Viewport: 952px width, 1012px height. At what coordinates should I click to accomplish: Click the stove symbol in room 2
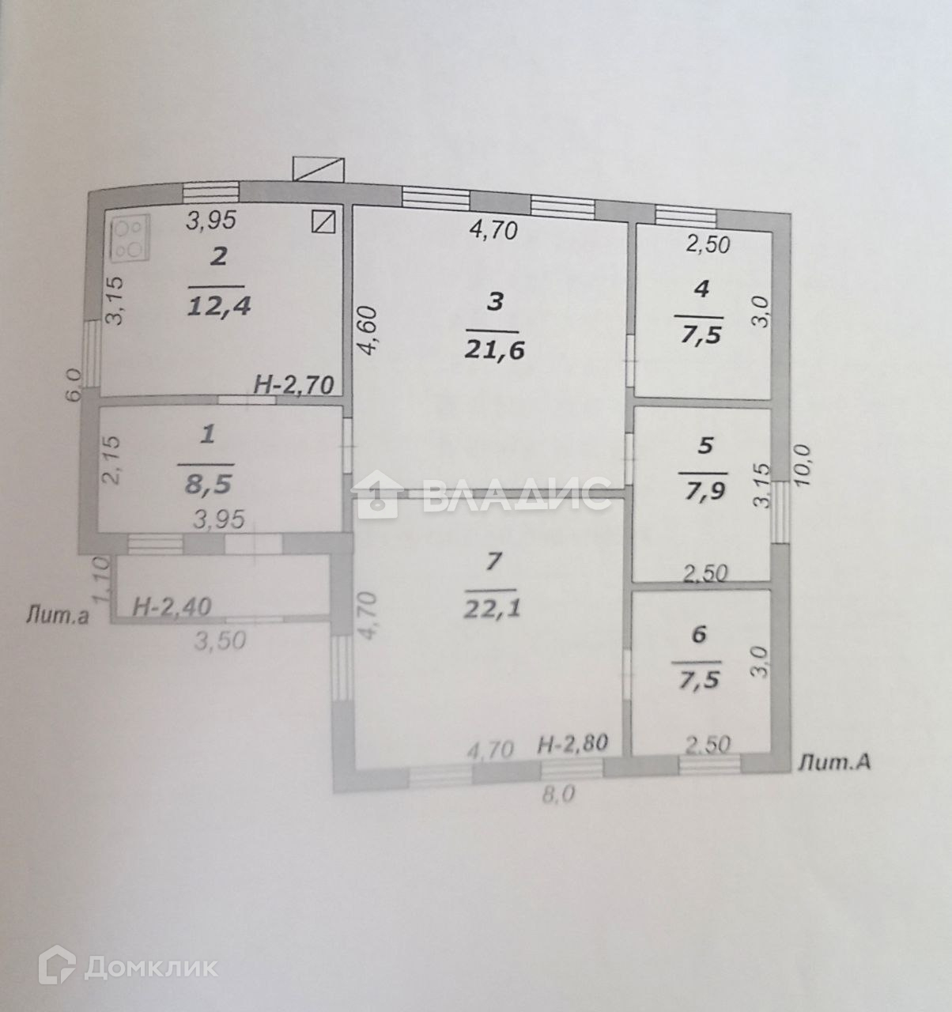click(129, 237)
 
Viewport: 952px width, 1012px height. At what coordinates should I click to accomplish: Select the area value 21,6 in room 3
click(495, 349)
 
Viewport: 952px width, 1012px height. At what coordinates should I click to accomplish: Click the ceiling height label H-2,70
click(294, 385)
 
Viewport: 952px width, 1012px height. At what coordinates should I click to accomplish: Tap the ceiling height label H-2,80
click(572, 744)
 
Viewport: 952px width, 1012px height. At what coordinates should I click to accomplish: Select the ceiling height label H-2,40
click(171, 607)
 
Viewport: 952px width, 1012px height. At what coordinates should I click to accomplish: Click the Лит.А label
click(834, 762)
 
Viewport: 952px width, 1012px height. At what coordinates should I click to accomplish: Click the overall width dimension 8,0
click(558, 795)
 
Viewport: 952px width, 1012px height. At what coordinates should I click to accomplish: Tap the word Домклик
click(150, 966)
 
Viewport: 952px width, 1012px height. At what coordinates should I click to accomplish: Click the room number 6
click(698, 635)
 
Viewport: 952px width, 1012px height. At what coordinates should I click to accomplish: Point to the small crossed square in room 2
click(324, 221)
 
